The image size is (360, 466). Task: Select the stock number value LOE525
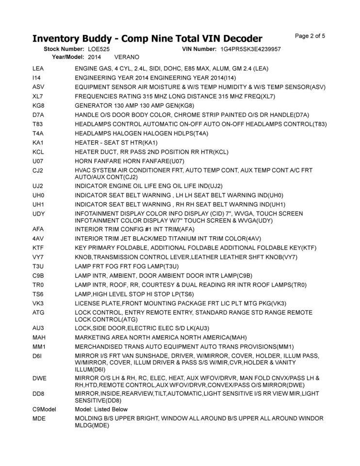pos(99,49)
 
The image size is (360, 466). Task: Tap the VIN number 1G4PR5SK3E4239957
pos(250,49)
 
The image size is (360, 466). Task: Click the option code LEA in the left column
pos(38,68)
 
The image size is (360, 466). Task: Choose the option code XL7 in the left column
pos(38,96)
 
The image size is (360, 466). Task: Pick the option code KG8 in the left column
pos(38,105)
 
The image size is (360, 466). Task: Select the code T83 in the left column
pos(38,124)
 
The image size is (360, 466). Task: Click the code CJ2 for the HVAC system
pos(38,170)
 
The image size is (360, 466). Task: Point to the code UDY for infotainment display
pos(39,214)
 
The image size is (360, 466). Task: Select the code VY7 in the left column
pos(38,257)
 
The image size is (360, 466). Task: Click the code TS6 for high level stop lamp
pos(38,294)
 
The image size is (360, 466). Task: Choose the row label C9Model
pos(44,409)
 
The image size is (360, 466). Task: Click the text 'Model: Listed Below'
pos(101,409)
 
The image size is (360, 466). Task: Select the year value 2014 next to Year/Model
pos(95,57)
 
